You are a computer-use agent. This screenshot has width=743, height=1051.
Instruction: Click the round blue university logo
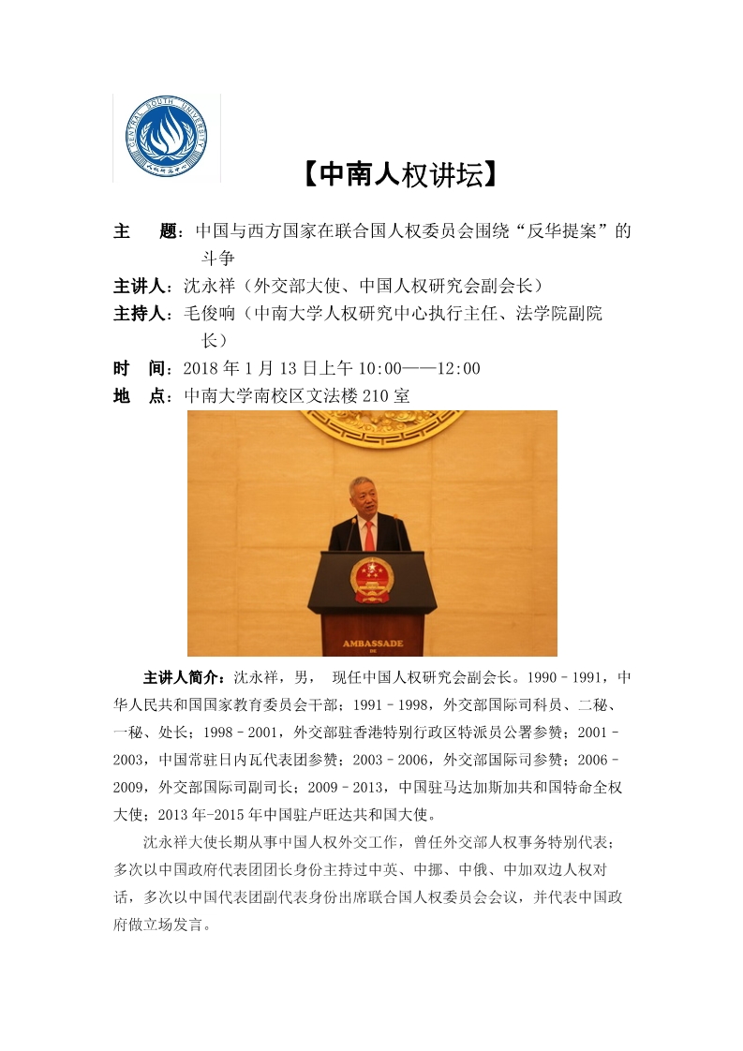(x=167, y=137)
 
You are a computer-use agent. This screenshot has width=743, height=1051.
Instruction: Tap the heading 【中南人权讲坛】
(x=397, y=174)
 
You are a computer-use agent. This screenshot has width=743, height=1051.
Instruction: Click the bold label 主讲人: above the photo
(x=142, y=285)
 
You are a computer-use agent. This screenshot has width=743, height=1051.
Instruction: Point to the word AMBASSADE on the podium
(x=372, y=644)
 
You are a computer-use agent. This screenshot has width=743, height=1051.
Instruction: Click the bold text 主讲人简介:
(x=184, y=677)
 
